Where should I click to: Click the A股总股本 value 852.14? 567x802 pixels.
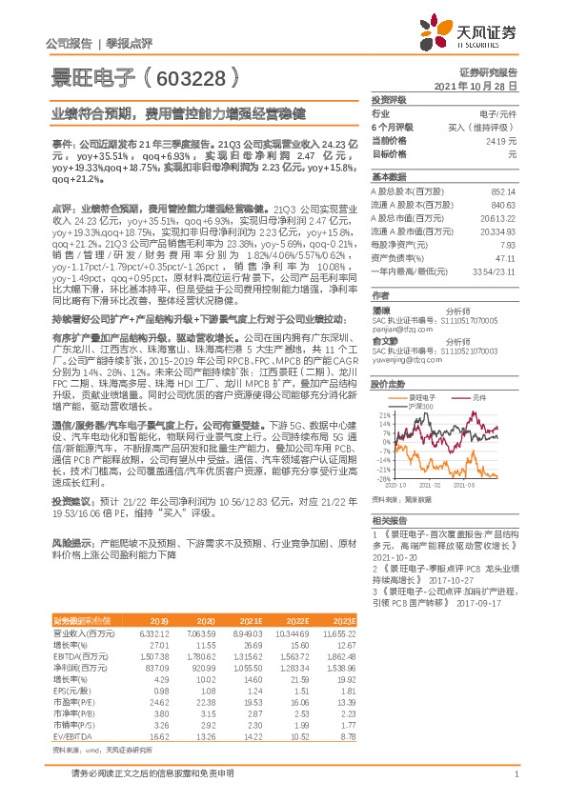[x=502, y=191]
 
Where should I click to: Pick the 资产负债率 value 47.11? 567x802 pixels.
[x=505, y=258]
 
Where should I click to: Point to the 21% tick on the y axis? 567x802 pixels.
[x=383, y=416]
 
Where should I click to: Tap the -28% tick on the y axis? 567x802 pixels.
[x=382, y=479]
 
